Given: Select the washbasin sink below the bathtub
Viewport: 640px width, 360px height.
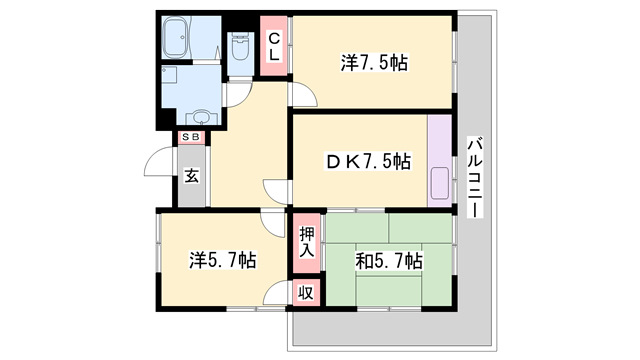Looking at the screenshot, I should coord(199,115).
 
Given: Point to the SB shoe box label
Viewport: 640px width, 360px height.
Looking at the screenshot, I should coord(190,137).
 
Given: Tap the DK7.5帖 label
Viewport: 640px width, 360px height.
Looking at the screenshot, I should coord(366,160).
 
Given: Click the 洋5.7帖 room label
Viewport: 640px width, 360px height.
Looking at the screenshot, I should coord(223,260).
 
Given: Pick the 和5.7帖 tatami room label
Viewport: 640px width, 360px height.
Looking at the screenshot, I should coord(389,260).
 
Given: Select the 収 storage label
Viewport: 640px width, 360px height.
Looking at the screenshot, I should coord(306,293).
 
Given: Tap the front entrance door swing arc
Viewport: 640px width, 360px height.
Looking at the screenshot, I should coord(158,163).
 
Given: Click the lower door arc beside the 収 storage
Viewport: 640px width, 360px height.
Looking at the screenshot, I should coord(278,296).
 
